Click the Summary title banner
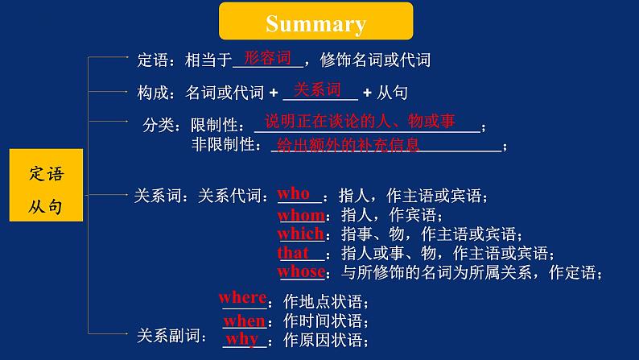(315, 23)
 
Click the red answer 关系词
(317, 89)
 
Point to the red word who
(294, 194)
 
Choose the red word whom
(301, 215)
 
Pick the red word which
(301, 234)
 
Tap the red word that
(293, 253)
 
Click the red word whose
(301, 272)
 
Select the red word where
(242, 298)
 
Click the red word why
(241, 339)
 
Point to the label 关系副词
(164, 333)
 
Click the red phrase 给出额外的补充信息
(347, 146)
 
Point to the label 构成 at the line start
(151, 93)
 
